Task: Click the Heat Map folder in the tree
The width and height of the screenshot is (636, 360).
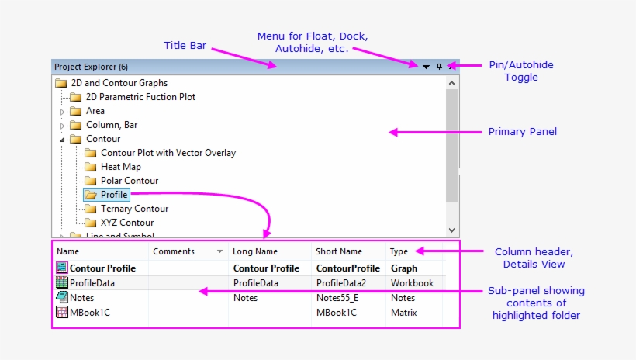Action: [x=120, y=167]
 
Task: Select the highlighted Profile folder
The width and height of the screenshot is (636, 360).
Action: [x=113, y=195]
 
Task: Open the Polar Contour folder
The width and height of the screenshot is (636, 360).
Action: [x=129, y=181]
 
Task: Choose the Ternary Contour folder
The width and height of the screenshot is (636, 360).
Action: [x=134, y=209]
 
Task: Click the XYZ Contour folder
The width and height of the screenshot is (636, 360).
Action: [x=127, y=223]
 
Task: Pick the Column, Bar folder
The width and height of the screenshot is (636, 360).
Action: [x=112, y=125]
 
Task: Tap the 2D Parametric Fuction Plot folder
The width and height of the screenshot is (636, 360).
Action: [x=140, y=97]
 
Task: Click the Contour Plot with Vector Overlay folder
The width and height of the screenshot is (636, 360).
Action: [x=168, y=153]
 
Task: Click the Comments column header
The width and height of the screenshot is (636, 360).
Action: [x=174, y=251]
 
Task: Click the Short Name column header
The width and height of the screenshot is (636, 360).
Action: [x=339, y=251]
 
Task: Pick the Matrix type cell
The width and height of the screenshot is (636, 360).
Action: [x=404, y=313]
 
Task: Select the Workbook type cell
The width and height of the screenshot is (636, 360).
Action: [x=412, y=283]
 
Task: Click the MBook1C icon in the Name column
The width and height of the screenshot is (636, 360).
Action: [x=62, y=313]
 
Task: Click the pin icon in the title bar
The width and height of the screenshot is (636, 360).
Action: [x=439, y=67]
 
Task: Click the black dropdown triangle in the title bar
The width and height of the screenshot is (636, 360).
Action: [x=426, y=67]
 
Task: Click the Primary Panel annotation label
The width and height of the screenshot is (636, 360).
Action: [x=522, y=132]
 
